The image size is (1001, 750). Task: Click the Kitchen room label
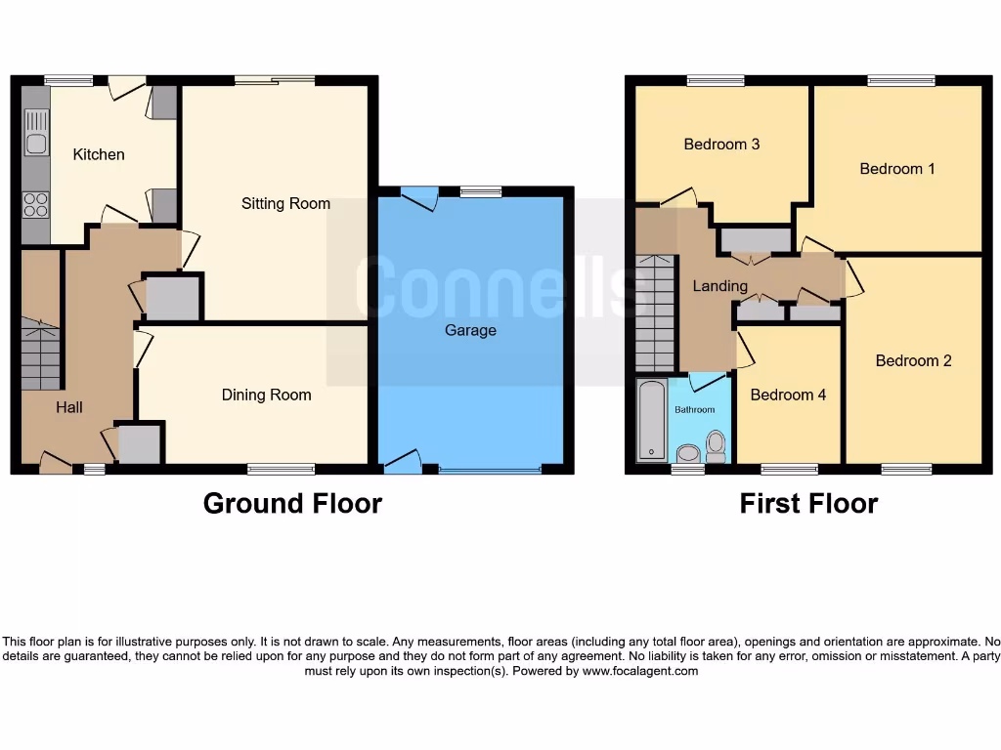click(99, 154)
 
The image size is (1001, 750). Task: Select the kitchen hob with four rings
click(36, 205)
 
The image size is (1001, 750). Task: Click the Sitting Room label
click(285, 203)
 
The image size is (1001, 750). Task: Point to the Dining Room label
click(266, 395)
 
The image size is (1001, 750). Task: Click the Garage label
click(470, 330)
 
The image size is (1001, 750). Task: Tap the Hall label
click(68, 406)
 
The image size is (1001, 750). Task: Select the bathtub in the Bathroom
click(651, 421)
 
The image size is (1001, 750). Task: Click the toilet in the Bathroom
click(716, 445)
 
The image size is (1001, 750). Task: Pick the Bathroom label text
click(694, 409)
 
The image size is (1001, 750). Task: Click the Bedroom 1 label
click(896, 169)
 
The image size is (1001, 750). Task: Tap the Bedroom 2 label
click(913, 360)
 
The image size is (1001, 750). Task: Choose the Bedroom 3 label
click(721, 144)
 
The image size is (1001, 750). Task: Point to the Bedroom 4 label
click(788, 395)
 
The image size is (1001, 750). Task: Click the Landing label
click(719, 286)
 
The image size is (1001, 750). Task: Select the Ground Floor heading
click(292, 503)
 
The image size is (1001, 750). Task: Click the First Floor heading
click(808, 503)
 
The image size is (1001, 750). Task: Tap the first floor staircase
click(654, 312)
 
